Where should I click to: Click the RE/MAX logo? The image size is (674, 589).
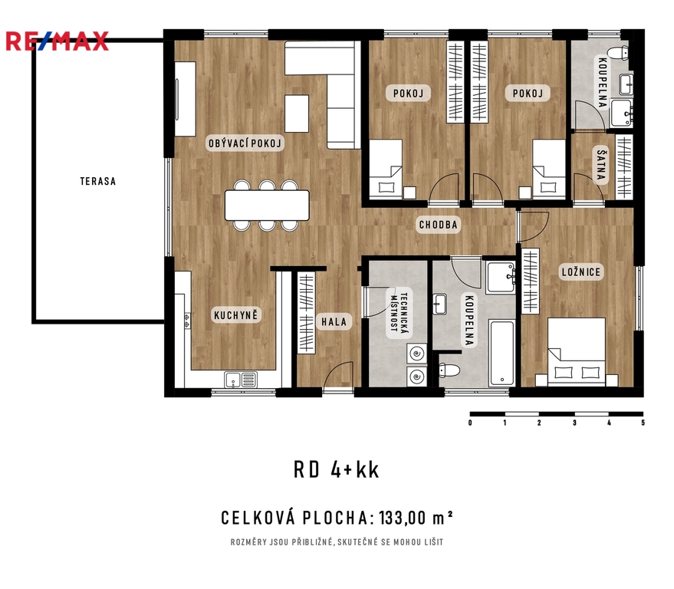click(x=58, y=41)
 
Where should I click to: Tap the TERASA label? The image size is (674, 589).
click(x=98, y=182)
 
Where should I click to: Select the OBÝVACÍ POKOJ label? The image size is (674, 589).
click(x=245, y=143)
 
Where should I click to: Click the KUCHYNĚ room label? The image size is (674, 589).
click(x=236, y=315)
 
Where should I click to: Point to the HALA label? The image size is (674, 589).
click(x=334, y=321)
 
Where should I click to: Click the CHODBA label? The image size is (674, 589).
click(x=439, y=225)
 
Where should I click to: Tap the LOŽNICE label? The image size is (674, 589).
click(x=581, y=271)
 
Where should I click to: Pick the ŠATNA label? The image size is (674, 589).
click(x=601, y=165)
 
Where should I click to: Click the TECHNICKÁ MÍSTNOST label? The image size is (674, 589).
click(x=399, y=313)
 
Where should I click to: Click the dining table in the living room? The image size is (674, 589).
click(x=267, y=205)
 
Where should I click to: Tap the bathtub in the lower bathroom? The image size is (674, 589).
click(x=502, y=353)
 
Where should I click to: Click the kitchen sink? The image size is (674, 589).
click(x=241, y=380)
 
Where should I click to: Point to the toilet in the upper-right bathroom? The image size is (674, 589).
click(x=620, y=54)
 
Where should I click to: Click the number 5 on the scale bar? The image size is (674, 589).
click(x=643, y=423)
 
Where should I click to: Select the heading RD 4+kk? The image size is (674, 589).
click(x=337, y=470)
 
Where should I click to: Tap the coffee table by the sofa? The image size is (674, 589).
click(x=297, y=114)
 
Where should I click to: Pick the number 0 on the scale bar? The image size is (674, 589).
click(x=470, y=423)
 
